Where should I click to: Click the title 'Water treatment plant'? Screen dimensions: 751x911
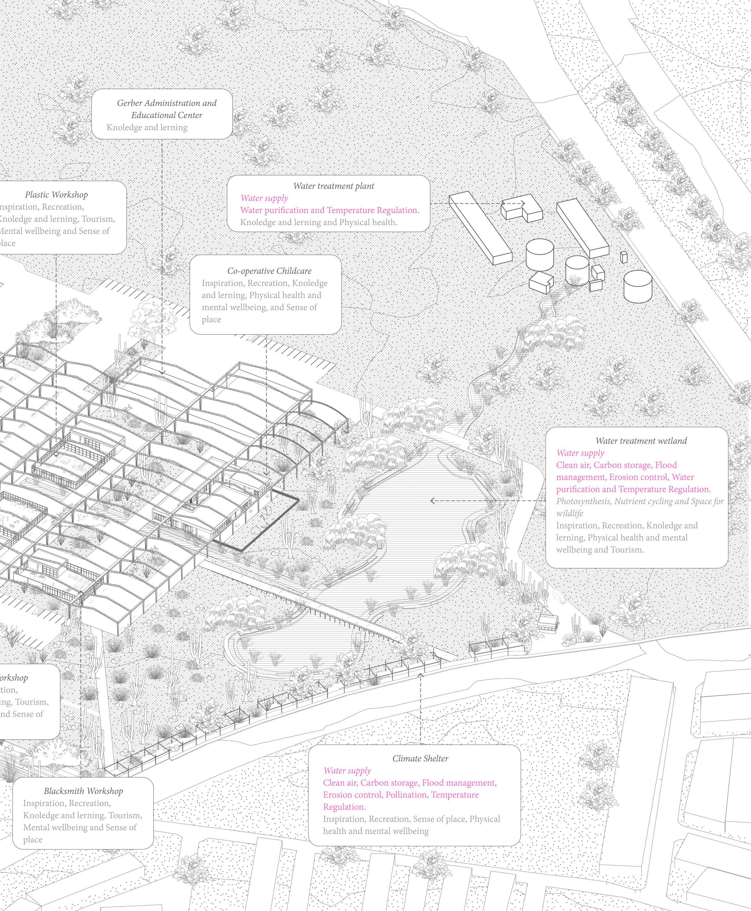tap(334, 186)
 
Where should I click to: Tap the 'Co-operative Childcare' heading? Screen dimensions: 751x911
tap(269, 271)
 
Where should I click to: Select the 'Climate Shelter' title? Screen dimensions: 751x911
tap(420, 758)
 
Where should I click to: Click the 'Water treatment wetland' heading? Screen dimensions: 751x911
tap(641, 441)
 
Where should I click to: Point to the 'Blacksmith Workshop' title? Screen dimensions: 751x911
tap(83, 791)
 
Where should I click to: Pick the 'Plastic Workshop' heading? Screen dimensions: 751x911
tap(56, 195)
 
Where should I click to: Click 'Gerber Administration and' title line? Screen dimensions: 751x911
tap(166, 103)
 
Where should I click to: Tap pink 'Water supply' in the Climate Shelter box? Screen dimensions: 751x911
tap(347, 770)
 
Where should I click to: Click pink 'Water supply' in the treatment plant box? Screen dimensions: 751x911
tap(264, 198)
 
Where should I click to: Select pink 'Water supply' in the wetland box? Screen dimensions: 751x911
tap(580, 453)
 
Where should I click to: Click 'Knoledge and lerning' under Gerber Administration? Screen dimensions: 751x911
tap(147, 127)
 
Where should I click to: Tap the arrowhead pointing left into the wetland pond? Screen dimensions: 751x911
tap(432, 501)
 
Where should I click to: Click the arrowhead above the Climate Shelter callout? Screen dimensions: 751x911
tap(420, 674)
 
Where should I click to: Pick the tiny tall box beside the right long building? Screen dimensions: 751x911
tap(623, 257)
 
